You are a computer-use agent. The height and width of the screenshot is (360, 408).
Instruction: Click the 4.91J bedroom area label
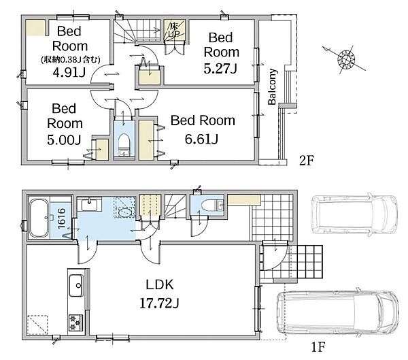coord(69,73)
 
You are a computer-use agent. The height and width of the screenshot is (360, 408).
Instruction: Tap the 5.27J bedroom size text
coord(220,69)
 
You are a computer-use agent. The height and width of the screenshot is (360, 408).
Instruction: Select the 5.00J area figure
coord(64,140)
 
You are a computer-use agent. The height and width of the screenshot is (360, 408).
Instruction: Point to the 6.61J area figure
coord(201,139)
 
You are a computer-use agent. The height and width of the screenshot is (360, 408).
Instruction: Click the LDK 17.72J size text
coord(159,304)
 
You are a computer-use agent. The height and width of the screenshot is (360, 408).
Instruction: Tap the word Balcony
coord(272,86)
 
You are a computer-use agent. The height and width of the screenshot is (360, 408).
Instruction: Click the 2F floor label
coord(307,161)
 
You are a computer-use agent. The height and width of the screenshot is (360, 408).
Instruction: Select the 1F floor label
coord(318,347)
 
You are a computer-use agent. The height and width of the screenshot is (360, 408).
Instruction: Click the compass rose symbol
coord(346,60)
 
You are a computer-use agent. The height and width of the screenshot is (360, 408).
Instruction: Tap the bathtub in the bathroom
coord(39,218)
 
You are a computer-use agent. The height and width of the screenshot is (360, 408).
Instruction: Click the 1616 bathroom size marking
coord(62,218)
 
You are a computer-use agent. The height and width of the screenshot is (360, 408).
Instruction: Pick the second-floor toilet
coord(124,144)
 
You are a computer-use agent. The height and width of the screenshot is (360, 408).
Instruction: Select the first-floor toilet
coord(211,206)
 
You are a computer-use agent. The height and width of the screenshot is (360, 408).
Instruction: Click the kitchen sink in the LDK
coord(76,286)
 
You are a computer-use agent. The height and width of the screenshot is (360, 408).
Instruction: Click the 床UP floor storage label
coord(174,30)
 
